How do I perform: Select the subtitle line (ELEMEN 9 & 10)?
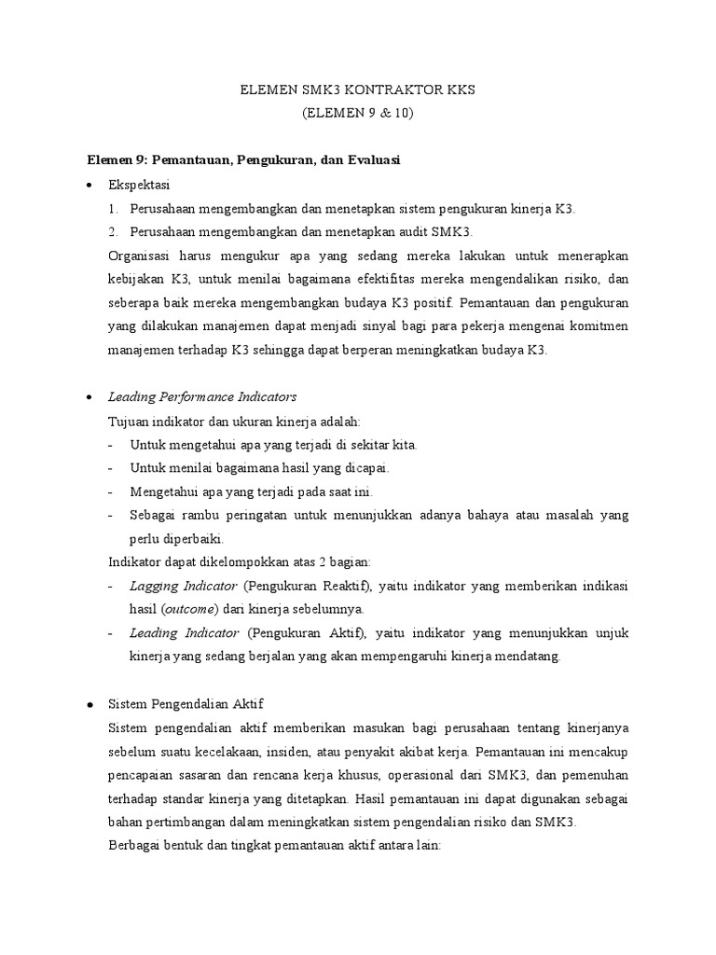pyautogui.click(x=357, y=114)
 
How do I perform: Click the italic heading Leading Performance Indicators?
pyautogui.click(x=202, y=397)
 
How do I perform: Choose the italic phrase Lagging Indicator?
pyautogui.click(x=183, y=586)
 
